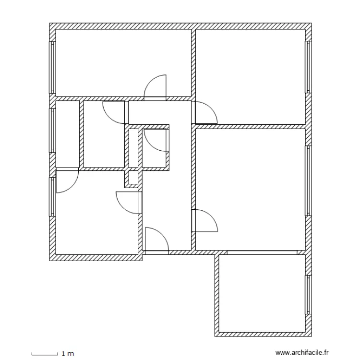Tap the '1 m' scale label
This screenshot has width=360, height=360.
tap(68, 354)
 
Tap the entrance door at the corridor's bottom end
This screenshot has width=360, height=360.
tap(156, 240)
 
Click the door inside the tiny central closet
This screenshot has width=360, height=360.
tap(155, 141)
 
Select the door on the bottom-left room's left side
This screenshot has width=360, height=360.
tap(67, 181)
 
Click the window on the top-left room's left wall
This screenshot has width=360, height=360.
tap(52, 67)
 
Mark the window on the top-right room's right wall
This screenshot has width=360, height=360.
tap(309, 67)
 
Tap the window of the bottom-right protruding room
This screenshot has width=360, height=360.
tap(309, 294)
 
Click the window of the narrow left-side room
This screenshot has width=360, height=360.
tap(52, 130)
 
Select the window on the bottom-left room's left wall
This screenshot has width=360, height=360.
tap(52, 197)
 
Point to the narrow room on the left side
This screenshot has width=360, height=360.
tap(67, 134)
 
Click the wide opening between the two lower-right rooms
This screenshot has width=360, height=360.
tap(262, 252)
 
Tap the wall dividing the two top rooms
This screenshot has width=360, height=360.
tap(193, 62)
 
